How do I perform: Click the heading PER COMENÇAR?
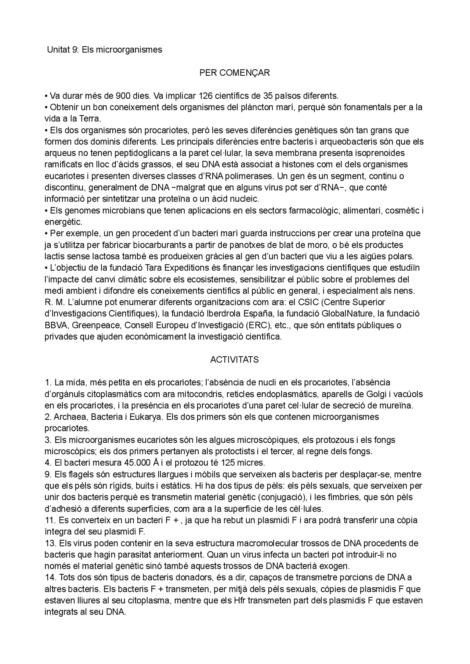pyautogui.click(x=234, y=73)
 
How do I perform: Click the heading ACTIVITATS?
pyautogui.click(x=234, y=360)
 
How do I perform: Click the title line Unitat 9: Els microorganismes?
pyautogui.click(x=104, y=50)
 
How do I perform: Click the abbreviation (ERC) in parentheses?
pyautogui.click(x=259, y=325)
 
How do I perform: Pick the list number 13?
pyautogui.click(x=49, y=544)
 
